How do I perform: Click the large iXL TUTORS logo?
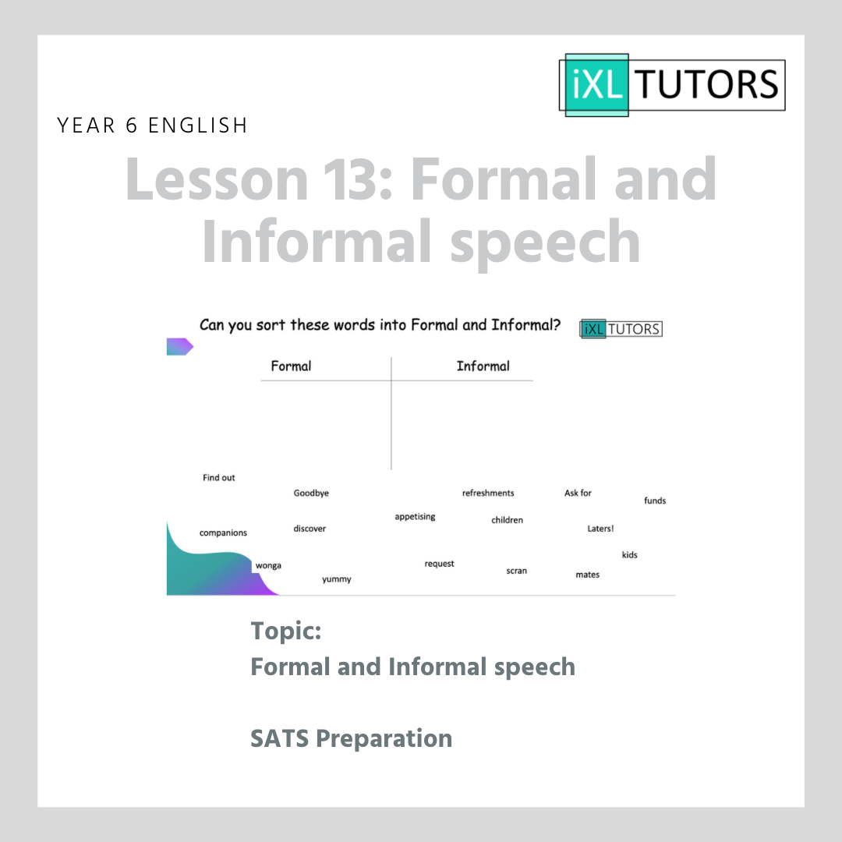click(672, 85)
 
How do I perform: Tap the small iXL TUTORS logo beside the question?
click(621, 329)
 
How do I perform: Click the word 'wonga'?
click(268, 565)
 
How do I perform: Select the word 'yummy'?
click(337, 579)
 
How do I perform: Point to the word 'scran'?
click(517, 571)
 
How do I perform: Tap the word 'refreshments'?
click(488, 493)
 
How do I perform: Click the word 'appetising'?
click(415, 517)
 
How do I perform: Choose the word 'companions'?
click(224, 532)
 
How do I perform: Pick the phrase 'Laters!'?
click(600, 529)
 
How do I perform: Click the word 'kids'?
click(630, 555)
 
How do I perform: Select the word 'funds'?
click(655, 501)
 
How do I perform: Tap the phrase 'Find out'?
click(218, 477)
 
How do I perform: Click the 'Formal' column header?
click(291, 366)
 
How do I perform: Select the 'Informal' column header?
click(483, 366)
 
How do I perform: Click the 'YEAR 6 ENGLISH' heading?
click(153, 126)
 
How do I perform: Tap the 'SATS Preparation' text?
click(351, 738)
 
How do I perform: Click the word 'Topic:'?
click(285, 631)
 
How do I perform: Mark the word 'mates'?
click(588, 575)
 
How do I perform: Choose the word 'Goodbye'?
click(311, 493)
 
